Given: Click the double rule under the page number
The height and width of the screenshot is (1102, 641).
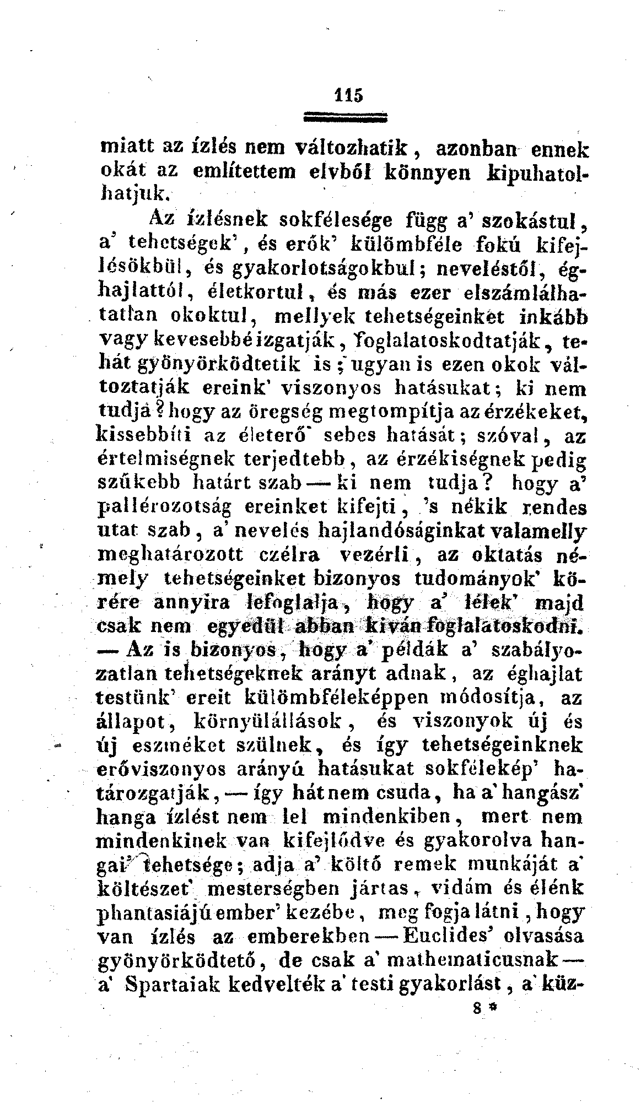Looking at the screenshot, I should (x=346, y=117).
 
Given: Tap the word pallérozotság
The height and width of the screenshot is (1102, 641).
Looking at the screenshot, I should (x=165, y=506).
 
